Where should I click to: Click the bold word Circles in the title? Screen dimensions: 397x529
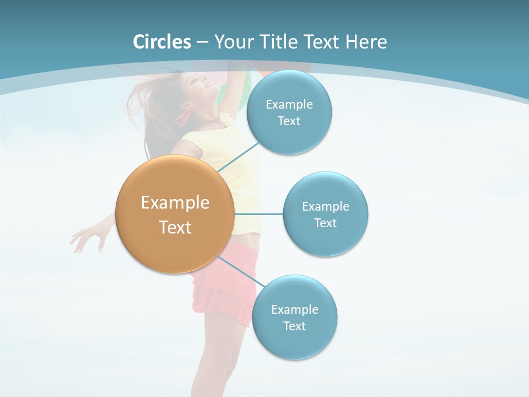click(x=162, y=42)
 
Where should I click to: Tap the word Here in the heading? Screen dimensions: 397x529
click(x=366, y=42)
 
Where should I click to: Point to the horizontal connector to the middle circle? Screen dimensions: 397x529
click(x=258, y=214)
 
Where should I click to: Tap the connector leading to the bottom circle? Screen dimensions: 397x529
click(x=241, y=272)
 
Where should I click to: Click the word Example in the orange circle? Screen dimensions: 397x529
click(x=175, y=203)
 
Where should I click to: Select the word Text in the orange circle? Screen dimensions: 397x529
click(x=175, y=227)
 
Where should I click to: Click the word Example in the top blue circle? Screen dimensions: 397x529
click(x=289, y=104)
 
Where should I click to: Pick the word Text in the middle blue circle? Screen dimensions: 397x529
click(x=325, y=223)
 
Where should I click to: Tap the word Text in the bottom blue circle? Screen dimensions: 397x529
click(x=294, y=326)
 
